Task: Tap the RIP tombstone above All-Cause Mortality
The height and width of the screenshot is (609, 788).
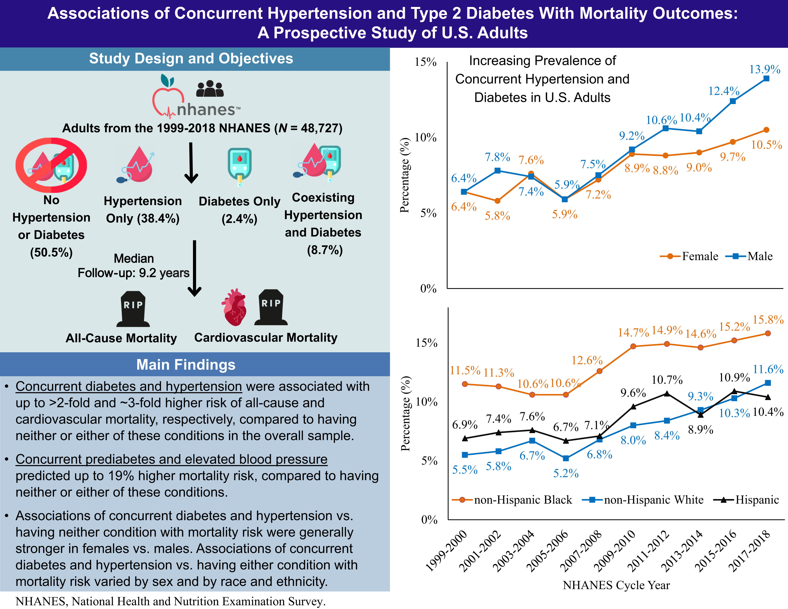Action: click(x=133, y=309)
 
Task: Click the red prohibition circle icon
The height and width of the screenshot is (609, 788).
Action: click(x=51, y=165)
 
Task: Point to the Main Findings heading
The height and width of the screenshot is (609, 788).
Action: click(x=186, y=365)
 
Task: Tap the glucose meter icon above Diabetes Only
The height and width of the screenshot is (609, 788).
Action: click(x=240, y=166)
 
